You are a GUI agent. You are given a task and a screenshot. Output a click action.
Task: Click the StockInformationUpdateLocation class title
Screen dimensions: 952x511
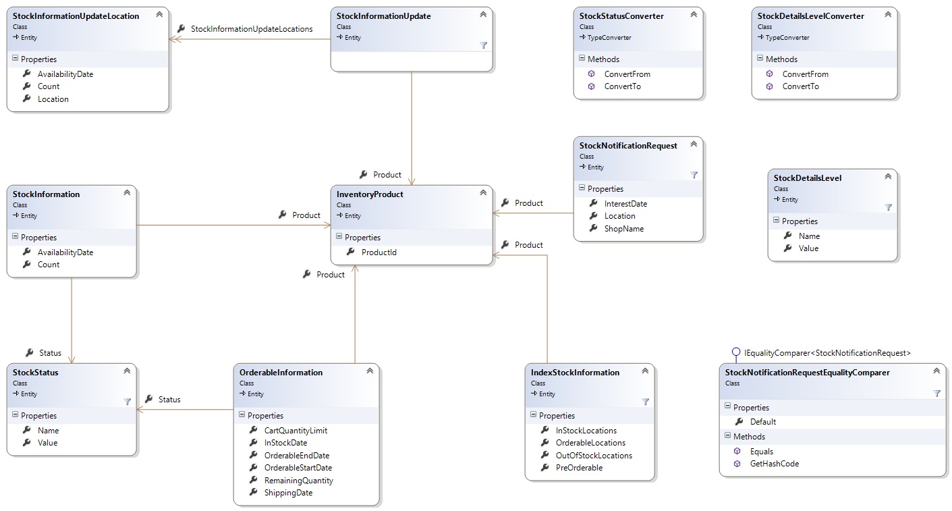coord(76,16)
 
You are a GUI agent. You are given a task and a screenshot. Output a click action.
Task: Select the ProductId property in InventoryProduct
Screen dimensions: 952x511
coord(379,252)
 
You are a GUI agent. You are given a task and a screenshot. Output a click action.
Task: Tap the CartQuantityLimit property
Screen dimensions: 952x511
coord(296,430)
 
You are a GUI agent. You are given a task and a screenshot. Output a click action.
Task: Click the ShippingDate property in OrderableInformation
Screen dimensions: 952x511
coord(288,493)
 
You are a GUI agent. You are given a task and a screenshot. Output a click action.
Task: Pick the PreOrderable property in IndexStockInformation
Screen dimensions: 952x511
coord(579,468)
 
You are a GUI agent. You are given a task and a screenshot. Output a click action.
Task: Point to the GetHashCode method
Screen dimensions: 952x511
coord(775,464)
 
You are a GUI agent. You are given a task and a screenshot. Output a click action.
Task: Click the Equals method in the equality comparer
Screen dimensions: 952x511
coord(762,452)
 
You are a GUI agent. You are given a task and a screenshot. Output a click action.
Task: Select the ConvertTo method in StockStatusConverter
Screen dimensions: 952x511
coord(622,86)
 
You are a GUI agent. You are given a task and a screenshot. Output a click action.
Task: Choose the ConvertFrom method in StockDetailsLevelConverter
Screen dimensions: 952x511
coord(806,74)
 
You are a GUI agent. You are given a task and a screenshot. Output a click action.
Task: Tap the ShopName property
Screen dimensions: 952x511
coord(624,229)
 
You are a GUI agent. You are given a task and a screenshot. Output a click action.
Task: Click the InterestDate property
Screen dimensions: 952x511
coord(625,204)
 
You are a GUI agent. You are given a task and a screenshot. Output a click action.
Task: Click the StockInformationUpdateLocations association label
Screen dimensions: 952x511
coord(252,29)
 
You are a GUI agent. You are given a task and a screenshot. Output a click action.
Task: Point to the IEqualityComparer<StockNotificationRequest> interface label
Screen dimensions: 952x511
coord(827,353)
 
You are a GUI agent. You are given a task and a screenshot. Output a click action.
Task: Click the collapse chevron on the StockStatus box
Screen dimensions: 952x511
coord(127,371)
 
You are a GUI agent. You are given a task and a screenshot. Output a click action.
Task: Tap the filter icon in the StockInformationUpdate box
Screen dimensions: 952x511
coord(483,45)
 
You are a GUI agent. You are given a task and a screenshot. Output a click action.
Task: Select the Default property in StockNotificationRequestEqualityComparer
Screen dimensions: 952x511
coord(763,422)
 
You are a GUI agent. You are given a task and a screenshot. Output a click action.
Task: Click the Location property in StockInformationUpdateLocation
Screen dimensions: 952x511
coord(53,99)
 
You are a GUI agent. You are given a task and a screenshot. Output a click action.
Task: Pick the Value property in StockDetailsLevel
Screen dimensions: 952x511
coord(808,248)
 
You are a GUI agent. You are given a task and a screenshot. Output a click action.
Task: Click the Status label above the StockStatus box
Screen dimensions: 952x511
coord(50,353)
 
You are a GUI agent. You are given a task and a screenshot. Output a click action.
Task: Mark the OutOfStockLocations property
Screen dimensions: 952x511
coord(594,455)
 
